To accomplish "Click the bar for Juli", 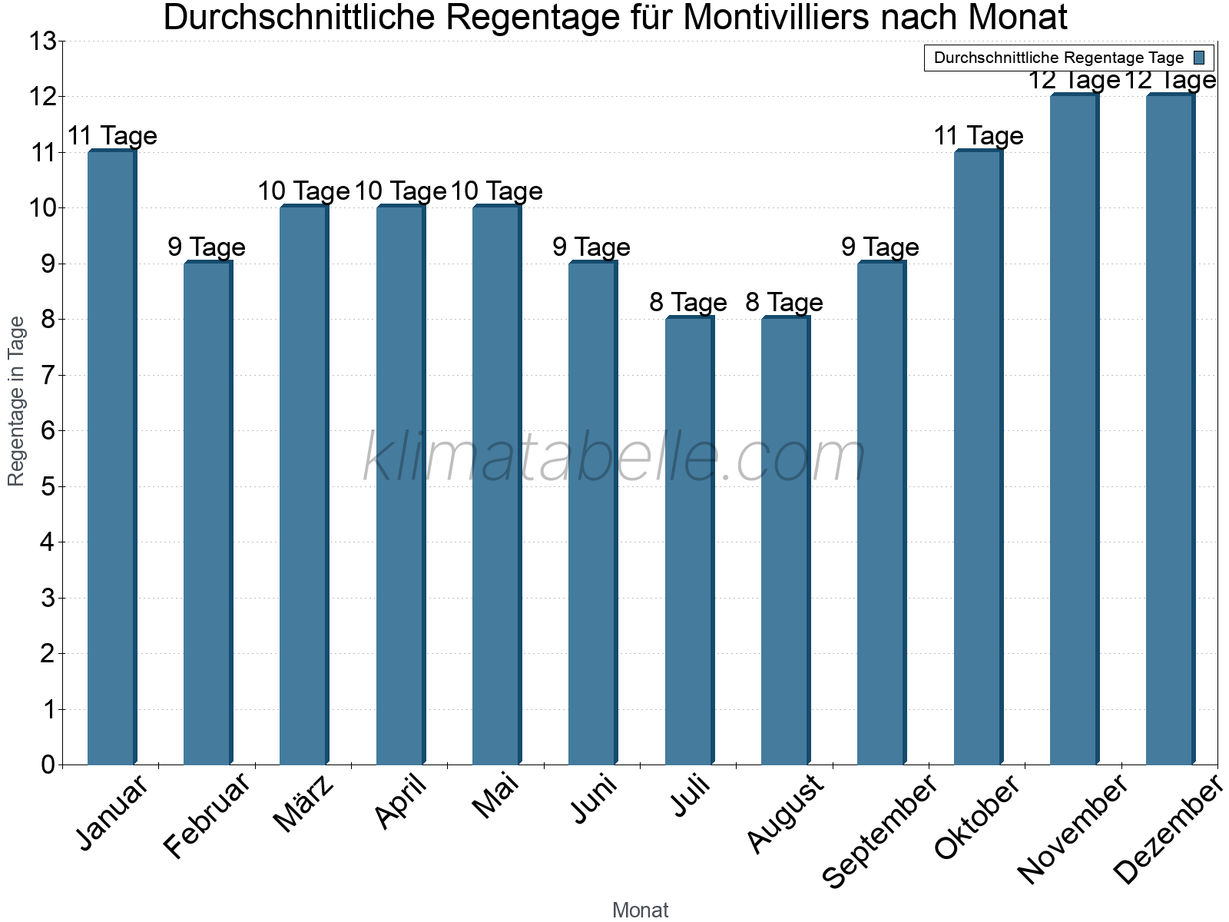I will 689,541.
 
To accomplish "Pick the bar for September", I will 881,513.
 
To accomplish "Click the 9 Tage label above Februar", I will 207,247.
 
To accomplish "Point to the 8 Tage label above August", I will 784,303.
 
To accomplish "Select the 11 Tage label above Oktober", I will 978,136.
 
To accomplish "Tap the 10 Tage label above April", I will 400,191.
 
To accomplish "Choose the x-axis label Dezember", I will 1168,831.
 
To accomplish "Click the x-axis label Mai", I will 496,798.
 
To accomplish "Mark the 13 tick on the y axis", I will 43,41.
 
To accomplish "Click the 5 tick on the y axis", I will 48,487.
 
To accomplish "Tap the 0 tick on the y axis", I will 48,765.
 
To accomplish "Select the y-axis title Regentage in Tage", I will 16,401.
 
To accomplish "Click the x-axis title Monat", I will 640,910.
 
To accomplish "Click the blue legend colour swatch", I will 1199,58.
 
